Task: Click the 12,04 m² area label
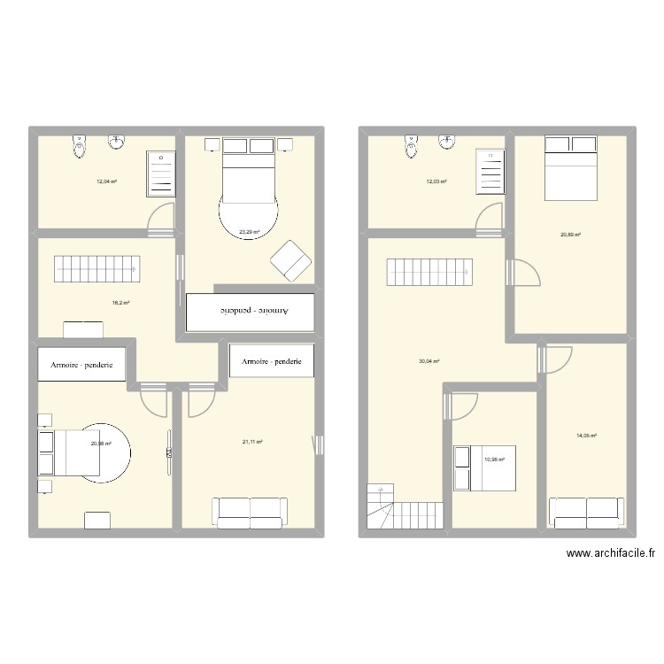click(x=106, y=181)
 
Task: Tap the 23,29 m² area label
click(x=249, y=233)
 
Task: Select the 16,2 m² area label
click(x=120, y=302)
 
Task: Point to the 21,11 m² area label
click(x=252, y=442)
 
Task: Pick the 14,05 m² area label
click(x=587, y=436)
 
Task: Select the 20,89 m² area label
click(x=570, y=235)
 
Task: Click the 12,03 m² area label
click(x=436, y=181)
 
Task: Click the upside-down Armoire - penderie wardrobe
click(x=251, y=312)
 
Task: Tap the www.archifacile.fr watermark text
click(x=610, y=554)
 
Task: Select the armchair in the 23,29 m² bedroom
click(x=290, y=259)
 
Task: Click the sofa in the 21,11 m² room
click(x=250, y=512)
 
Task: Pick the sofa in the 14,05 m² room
click(x=585, y=512)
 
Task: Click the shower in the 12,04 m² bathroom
click(x=161, y=172)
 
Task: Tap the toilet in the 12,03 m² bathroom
click(x=410, y=146)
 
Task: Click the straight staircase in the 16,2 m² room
click(x=97, y=269)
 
